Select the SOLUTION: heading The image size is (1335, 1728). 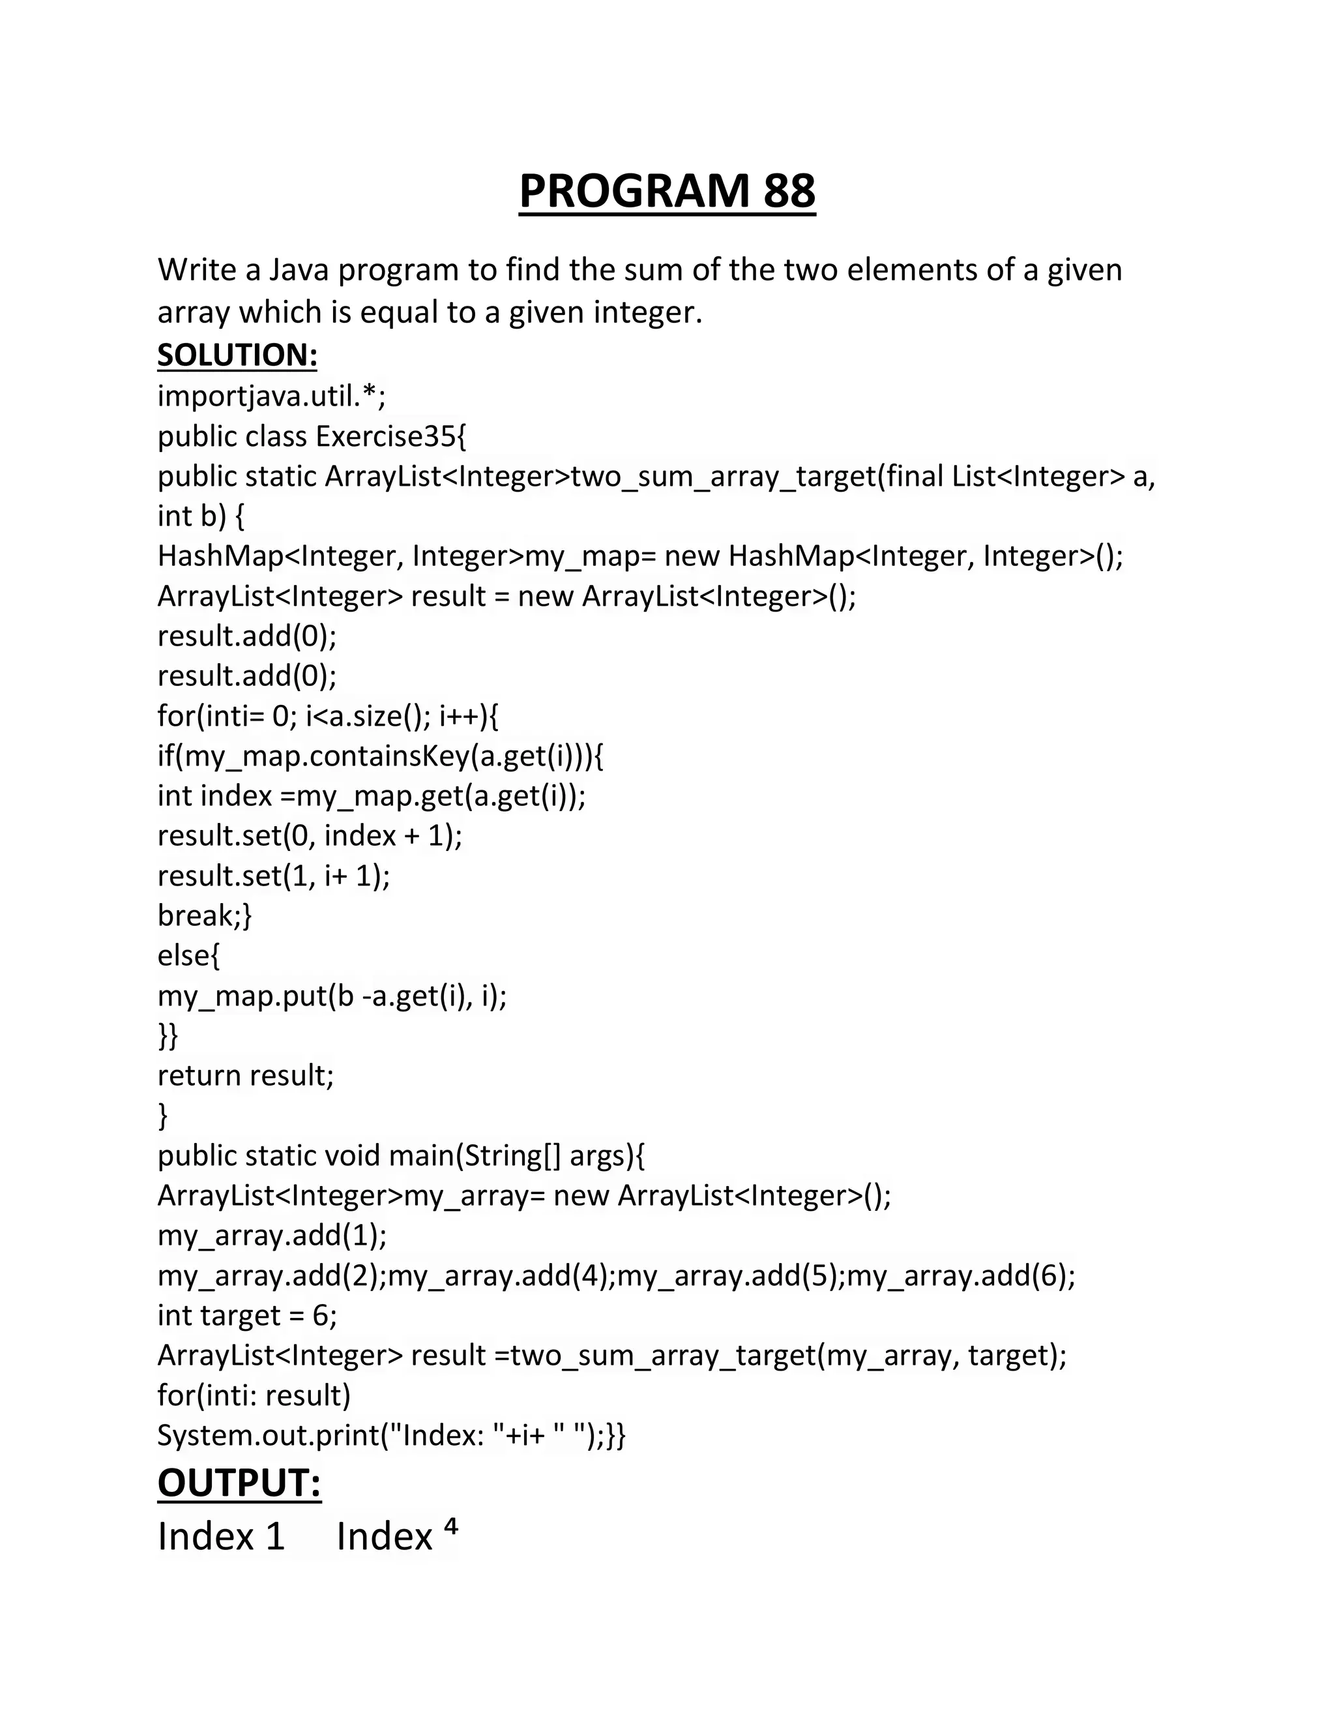pos(237,355)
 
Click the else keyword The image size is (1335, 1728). pos(188,955)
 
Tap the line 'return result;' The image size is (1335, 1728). pos(246,1075)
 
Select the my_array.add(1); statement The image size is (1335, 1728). pos(272,1235)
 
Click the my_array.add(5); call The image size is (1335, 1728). pos(731,1275)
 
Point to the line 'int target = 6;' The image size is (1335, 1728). pos(247,1315)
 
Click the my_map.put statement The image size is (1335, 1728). pos(332,995)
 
